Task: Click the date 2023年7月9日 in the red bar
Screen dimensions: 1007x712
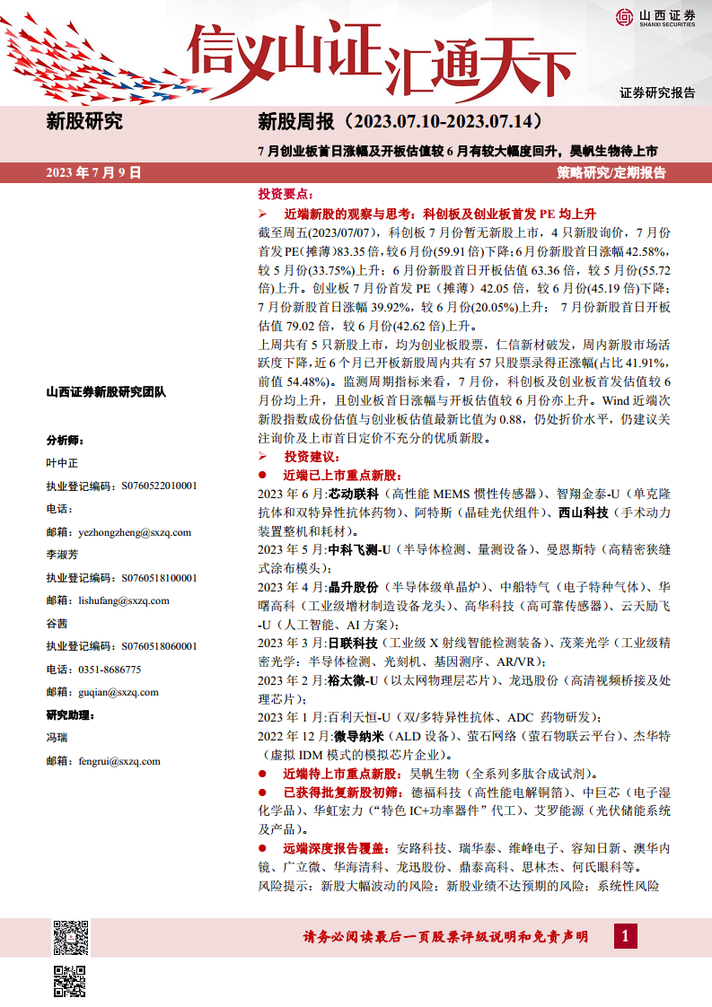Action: click(x=94, y=172)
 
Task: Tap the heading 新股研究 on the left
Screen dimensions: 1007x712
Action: click(x=84, y=122)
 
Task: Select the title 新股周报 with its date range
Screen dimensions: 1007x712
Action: click(x=400, y=121)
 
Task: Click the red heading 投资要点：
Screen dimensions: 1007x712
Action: click(x=285, y=195)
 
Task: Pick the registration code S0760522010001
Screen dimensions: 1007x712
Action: click(x=146, y=486)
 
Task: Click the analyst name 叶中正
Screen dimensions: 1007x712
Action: click(x=62, y=463)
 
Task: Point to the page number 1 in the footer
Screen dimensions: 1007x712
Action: click(x=626, y=937)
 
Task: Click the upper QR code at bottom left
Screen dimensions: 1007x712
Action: click(x=71, y=937)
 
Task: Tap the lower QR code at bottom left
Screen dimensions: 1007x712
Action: click(x=71, y=981)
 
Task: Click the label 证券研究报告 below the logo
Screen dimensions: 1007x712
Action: click(x=657, y=92)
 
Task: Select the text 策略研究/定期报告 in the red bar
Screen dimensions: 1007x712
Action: click(x=611, y=172)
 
